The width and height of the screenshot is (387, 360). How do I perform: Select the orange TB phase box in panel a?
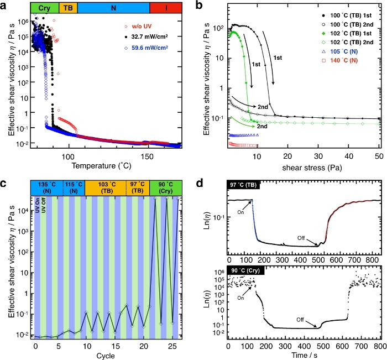pyautogui.click(x=68, y=7)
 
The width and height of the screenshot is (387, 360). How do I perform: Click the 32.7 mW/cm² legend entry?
pyautogui.click(x=159, y=36)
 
